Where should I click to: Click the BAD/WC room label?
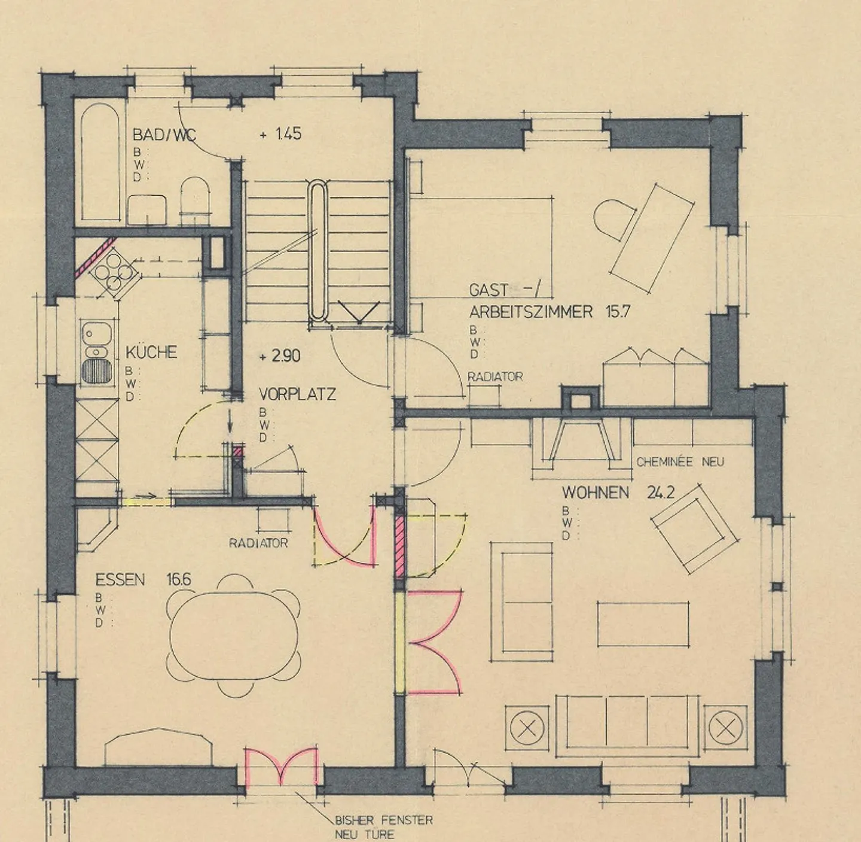point(164,135)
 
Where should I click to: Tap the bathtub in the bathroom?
point(100,163)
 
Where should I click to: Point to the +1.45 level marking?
point(280,134)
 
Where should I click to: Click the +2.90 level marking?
point(280,356)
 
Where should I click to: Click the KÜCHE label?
point(151,352)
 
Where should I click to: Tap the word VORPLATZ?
point(297,394)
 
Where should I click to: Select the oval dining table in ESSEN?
point(234,635)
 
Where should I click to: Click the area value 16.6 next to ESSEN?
point(179,579)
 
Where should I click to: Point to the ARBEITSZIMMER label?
point(531,312)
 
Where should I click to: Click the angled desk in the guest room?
point(652,238)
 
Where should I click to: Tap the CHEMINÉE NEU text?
point(680,462)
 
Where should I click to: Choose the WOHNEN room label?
point(595,493)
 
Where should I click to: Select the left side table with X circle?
point(527,728)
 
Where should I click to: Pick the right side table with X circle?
point(725,728)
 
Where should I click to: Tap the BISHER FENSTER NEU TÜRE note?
point(383,827)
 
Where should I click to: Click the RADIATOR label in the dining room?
point(258,543)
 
